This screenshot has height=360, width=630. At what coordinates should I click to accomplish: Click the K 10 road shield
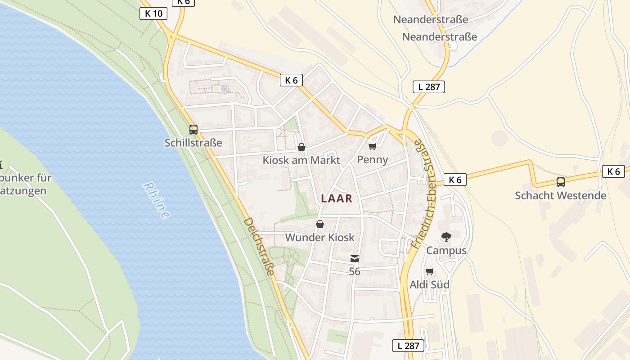coord(153,13)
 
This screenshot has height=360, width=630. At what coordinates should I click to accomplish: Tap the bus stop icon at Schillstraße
coord(193,130)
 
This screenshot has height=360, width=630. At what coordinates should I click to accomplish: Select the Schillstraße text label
coord(193,143)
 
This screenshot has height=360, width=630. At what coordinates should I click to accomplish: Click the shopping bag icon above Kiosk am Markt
coord(301,147)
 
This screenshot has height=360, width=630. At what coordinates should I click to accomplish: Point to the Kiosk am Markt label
coord(301,160)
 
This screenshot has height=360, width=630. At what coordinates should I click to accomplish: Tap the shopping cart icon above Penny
coord(372,146)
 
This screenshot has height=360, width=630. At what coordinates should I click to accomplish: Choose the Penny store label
coord(373,160)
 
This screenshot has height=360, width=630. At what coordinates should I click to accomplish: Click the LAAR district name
coord(337,198)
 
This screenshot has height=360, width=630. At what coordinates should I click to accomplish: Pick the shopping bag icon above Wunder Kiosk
coord(320,224)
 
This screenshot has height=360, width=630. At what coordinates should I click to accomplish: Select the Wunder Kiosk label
coord(320,238)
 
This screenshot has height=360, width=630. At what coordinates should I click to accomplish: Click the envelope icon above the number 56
coord(355,259)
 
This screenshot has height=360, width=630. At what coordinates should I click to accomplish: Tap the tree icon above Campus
coord(446,237)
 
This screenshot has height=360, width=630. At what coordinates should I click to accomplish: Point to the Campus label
coord(446,250)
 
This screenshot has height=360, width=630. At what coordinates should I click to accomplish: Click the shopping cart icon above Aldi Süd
coord(429,271)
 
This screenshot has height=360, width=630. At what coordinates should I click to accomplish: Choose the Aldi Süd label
coord(429,285)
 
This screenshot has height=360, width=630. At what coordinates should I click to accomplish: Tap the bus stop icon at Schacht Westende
coord(561,182)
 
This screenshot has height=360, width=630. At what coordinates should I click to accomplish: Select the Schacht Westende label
coord(561,196)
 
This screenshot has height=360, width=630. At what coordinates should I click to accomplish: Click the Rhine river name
coord(157,200)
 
